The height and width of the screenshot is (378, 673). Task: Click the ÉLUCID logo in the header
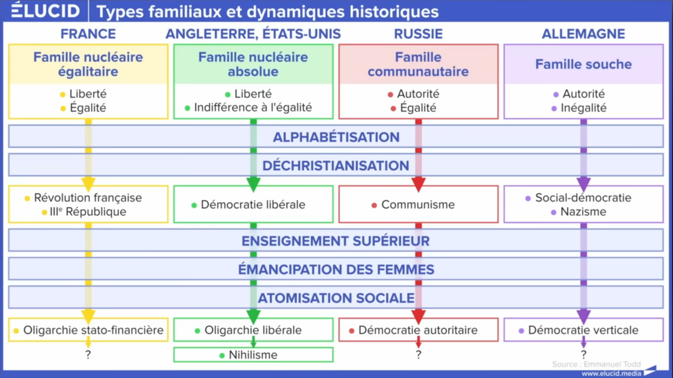(x=46, y=10)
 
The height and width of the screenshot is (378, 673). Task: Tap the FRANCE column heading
(x=88, y=34)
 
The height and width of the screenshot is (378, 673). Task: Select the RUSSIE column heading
(x=418, y=34)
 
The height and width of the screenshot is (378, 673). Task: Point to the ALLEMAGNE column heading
(x=583, y=34)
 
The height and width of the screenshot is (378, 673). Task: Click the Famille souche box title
(x=583, y=64)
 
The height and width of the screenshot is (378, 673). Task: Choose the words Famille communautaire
(x=418, y=64)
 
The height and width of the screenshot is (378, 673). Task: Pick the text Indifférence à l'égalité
(x=253, y=107)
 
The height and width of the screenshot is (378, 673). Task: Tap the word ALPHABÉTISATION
(x=336, y=137)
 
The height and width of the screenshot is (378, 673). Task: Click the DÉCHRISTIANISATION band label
(x=336, y=165)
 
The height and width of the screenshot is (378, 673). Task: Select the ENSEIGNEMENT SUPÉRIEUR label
(x=336, y=241)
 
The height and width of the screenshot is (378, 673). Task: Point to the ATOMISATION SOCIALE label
(x=336, y=298)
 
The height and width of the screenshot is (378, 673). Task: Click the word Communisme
(x=418, y=205)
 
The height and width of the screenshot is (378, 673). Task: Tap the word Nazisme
(x=583, y=212)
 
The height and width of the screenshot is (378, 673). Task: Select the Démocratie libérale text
(x=253, y=205)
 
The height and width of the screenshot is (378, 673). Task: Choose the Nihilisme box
(x=253, y=355)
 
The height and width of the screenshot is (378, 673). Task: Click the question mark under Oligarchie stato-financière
(x=88, y=355)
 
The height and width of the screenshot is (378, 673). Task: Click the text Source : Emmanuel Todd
(x=596, y=364)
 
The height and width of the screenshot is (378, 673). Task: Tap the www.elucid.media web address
(x=612, y=373)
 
